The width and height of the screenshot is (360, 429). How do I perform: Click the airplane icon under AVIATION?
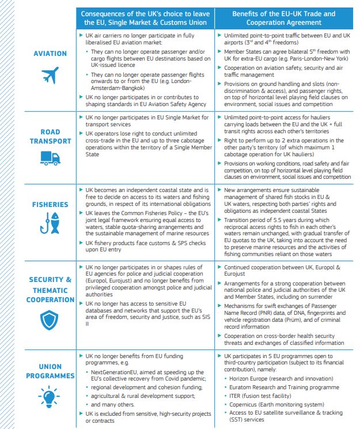(51, 75)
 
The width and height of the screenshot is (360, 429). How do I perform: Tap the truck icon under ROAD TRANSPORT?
(51, 158)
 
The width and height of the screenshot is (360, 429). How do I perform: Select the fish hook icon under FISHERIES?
(51, 228)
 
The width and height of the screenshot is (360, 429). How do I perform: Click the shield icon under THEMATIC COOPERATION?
(51, 319)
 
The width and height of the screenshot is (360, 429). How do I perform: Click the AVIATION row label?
(50, 54)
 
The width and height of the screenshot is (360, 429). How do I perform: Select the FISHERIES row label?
(50, 204)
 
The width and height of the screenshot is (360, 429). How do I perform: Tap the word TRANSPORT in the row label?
(50, 141)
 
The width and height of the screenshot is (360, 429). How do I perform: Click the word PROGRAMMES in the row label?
(50, 375)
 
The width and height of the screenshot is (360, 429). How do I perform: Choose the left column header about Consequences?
(145, 17)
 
